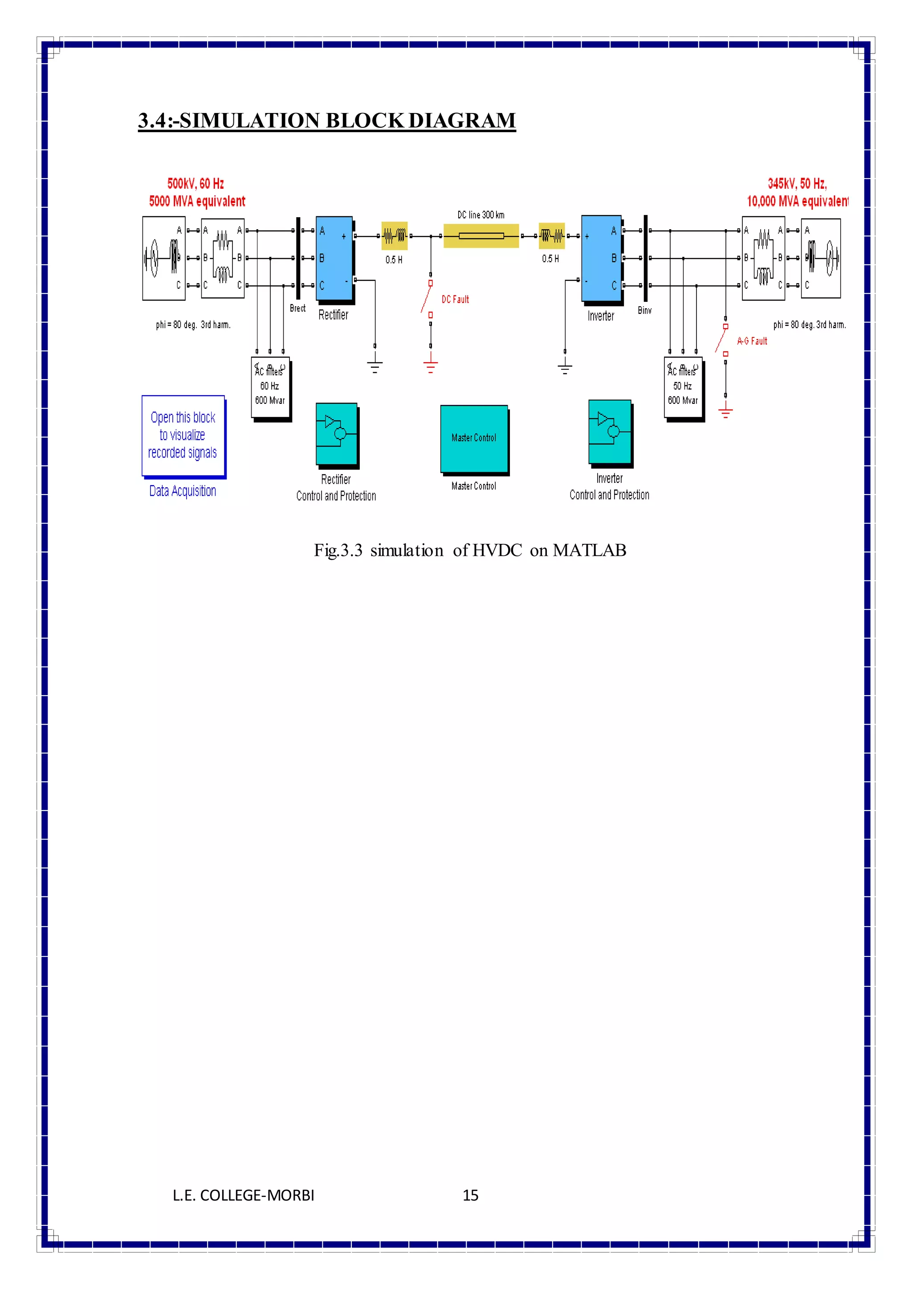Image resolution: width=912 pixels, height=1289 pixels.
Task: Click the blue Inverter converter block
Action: (x=601, y=258)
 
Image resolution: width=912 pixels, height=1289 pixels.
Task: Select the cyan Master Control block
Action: (x=474, y=438)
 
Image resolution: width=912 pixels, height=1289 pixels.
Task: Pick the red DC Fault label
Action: (x=455, y=299)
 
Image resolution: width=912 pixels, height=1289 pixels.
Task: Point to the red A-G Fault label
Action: (x=752, y=341)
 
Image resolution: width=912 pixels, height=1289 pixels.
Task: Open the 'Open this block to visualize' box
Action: (x=183, y=435)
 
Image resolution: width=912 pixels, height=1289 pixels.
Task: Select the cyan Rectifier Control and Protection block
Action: (x=336, y=434)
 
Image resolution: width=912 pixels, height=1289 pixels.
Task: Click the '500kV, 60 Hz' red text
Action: (x=195, y=183)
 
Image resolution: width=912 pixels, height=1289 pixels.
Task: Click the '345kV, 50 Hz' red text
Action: (x=797, y=183)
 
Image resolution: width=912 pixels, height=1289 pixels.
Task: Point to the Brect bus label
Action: (x=297, y=308)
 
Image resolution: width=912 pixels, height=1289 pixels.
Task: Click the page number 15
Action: (x=470, y=1195)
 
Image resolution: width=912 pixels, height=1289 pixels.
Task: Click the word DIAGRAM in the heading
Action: (x=462, y=120)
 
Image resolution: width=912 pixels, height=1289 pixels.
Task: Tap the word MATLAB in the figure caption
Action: (x=589, y=550)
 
